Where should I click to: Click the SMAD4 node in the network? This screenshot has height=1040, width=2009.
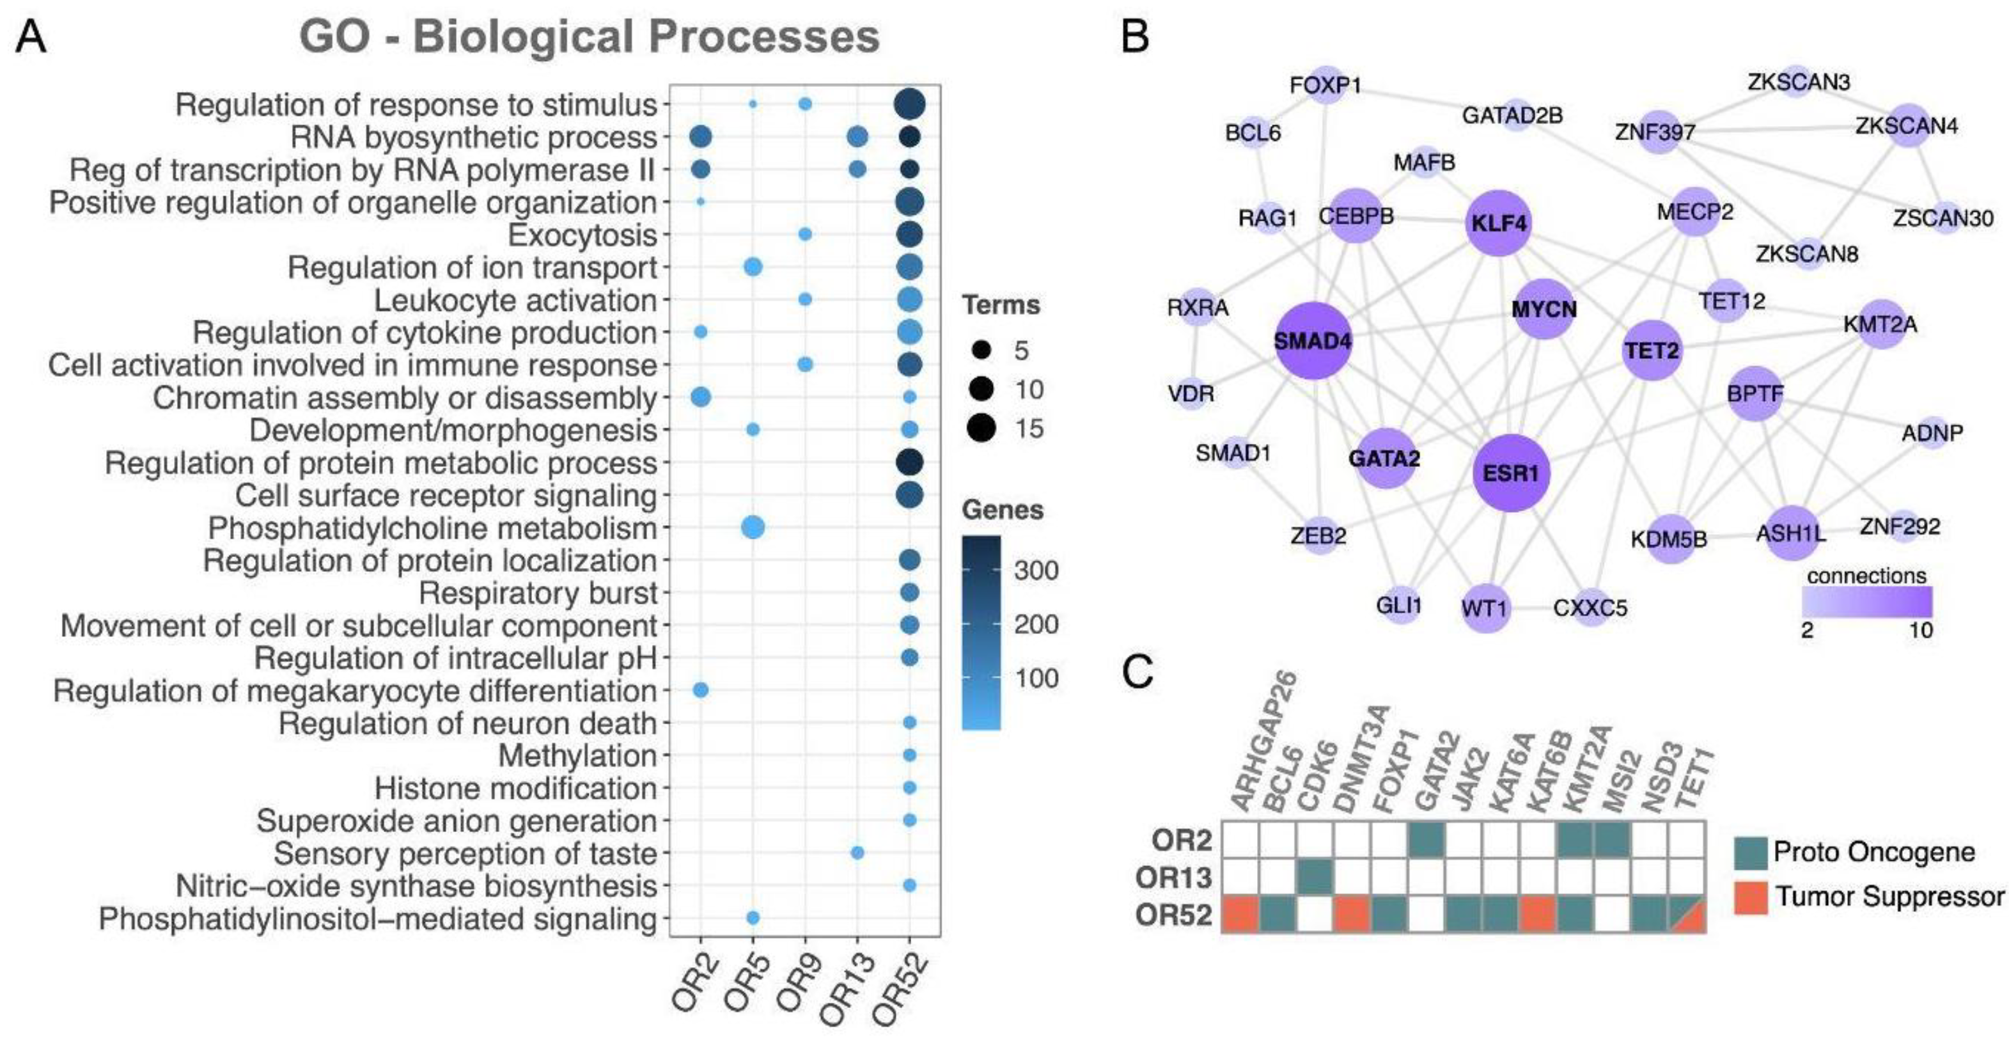tap(1313, 341)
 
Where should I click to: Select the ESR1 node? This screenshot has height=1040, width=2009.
tap(1511, 473)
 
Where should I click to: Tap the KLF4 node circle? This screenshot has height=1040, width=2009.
tap(1498, 223)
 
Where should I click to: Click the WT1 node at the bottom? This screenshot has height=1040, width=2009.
tap(1485, 608)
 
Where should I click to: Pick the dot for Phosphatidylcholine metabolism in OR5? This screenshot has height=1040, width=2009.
tap(753, 528)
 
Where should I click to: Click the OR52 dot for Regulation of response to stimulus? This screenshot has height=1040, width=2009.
tap(909, 104)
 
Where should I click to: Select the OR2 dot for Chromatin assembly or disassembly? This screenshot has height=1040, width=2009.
tap(700, 397)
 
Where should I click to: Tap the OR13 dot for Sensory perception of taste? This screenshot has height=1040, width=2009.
tap(857, 853)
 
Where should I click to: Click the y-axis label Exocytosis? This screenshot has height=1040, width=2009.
tap(582, 235)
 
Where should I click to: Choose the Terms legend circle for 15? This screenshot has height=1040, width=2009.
tap(982, 429)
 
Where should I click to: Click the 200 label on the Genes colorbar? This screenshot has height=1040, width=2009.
tap(1036, 624)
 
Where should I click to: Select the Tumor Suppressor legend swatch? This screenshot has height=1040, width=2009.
tap(1751, 897)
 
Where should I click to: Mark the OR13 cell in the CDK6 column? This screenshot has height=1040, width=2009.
tap(1315, 877)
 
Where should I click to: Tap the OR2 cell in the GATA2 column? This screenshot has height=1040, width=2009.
tap(1427, 840)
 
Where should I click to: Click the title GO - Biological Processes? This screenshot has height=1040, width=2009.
tap(590, 36)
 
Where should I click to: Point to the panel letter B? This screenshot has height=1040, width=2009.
tap(1136, 36)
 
